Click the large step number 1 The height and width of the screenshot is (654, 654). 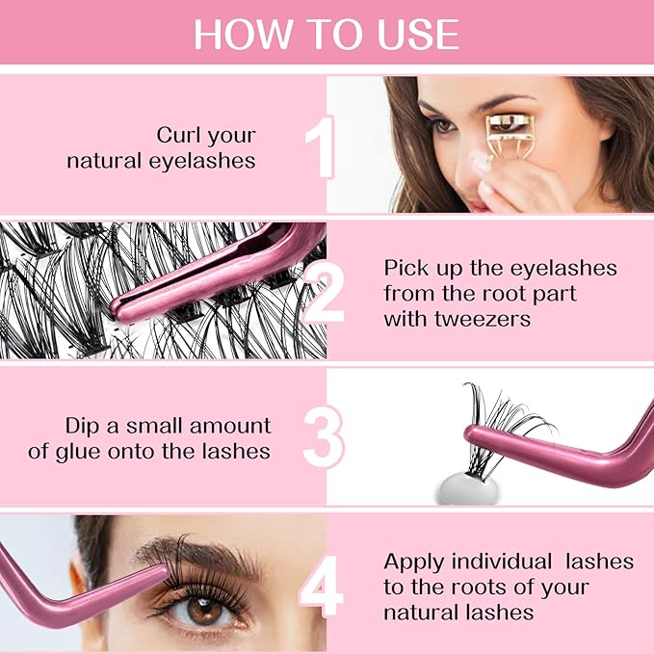click(x=320, y=147)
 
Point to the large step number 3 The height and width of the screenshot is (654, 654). click(x=323, y=439)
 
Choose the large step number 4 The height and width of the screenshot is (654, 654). click(x=321, y=585)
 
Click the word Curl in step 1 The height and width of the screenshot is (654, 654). click(x=179, y=134)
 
